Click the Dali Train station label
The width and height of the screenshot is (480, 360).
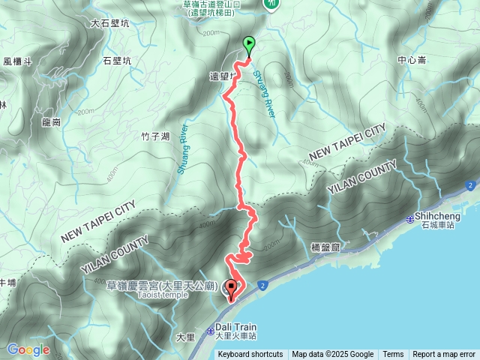pyautogui.click(x=236, y=327)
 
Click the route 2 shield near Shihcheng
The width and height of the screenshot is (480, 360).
pyautogui.click(x=470, y=184)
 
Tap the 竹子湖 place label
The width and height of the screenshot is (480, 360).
pyautogui.click(x=155, y=136)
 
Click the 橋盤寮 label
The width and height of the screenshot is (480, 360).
pyautogui.click(x=325, y=246)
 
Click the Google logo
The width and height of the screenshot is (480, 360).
pyautogui.click(x=28, y=349)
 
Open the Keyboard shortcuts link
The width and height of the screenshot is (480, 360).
pyautogui.click(x=250, y=355)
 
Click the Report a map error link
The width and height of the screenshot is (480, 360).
pyautogui.click(x=444, y=355)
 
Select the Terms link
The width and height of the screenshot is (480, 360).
pyautogui.click(x=393, y=355)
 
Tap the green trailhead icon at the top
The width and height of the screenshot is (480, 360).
pyautogui.click(x=271, y=4)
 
